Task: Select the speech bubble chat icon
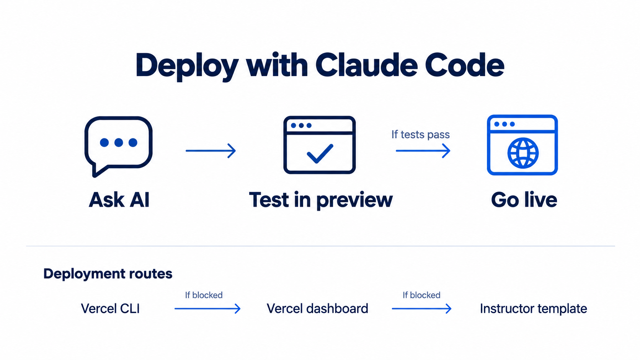(118, 146)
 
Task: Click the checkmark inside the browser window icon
(320, 153)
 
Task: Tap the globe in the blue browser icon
(523, 153)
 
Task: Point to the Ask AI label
(119, 200)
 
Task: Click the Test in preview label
(320, 200)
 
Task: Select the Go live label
(524, 200)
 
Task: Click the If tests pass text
(421, 134)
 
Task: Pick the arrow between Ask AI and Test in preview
(211, 150)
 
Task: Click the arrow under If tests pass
(423, 150)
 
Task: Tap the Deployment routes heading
(108, 274)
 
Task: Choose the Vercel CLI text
(110, 309)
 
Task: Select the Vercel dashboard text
(317, 309)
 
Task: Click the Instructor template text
(534, 309)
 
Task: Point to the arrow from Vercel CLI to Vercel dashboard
(207, 308)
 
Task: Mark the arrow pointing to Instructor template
(422, 308)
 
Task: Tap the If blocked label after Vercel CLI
(204, 295)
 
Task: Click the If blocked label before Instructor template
(421, 295)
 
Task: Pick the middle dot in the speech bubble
(119, 142)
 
